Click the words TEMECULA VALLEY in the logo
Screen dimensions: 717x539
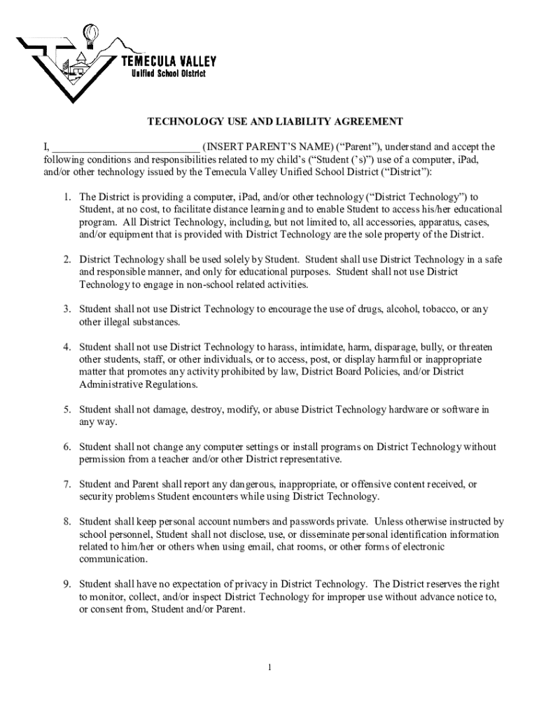click(x=169, y=62)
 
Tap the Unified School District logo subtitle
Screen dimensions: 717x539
click(x=169, y=75)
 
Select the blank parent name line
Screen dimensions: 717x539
click(x=126, y=148)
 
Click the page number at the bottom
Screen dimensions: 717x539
click(x=269, y=667)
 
